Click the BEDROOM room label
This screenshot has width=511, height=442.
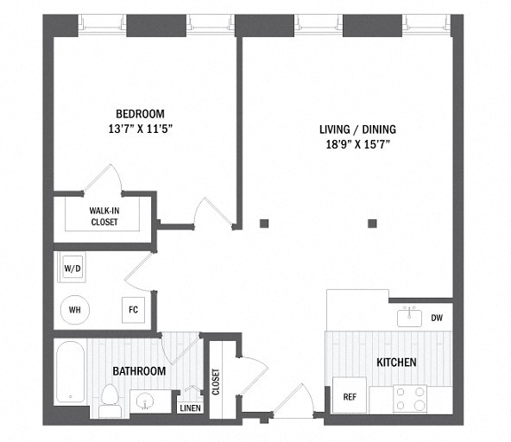coord(140,114)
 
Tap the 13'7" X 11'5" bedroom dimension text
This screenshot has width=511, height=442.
coord(140,129)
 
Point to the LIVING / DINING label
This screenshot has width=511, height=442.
coord(357,129)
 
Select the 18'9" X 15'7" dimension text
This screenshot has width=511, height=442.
coord(358,144)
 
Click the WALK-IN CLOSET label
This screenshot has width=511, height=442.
coord(104,216)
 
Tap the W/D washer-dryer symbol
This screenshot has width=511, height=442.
coord(72,268)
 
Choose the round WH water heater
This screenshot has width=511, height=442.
coord(74,310)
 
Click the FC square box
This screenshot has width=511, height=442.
coord(133,310)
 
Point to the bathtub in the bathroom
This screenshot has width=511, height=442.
coord(71,372)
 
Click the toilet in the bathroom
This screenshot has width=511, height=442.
coord(110,401)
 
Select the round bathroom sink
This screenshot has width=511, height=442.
coord(145,401)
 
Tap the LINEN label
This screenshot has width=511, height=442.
coord(190,407)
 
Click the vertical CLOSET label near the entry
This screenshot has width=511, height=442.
coord(216,382)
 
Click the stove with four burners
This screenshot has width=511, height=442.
coord(410,400)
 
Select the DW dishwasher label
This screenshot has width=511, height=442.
coord(437,318)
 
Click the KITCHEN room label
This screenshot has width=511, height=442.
coord(396,362)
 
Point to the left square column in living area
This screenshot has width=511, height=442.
coord(264,224)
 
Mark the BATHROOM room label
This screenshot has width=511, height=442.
coord(139,371)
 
